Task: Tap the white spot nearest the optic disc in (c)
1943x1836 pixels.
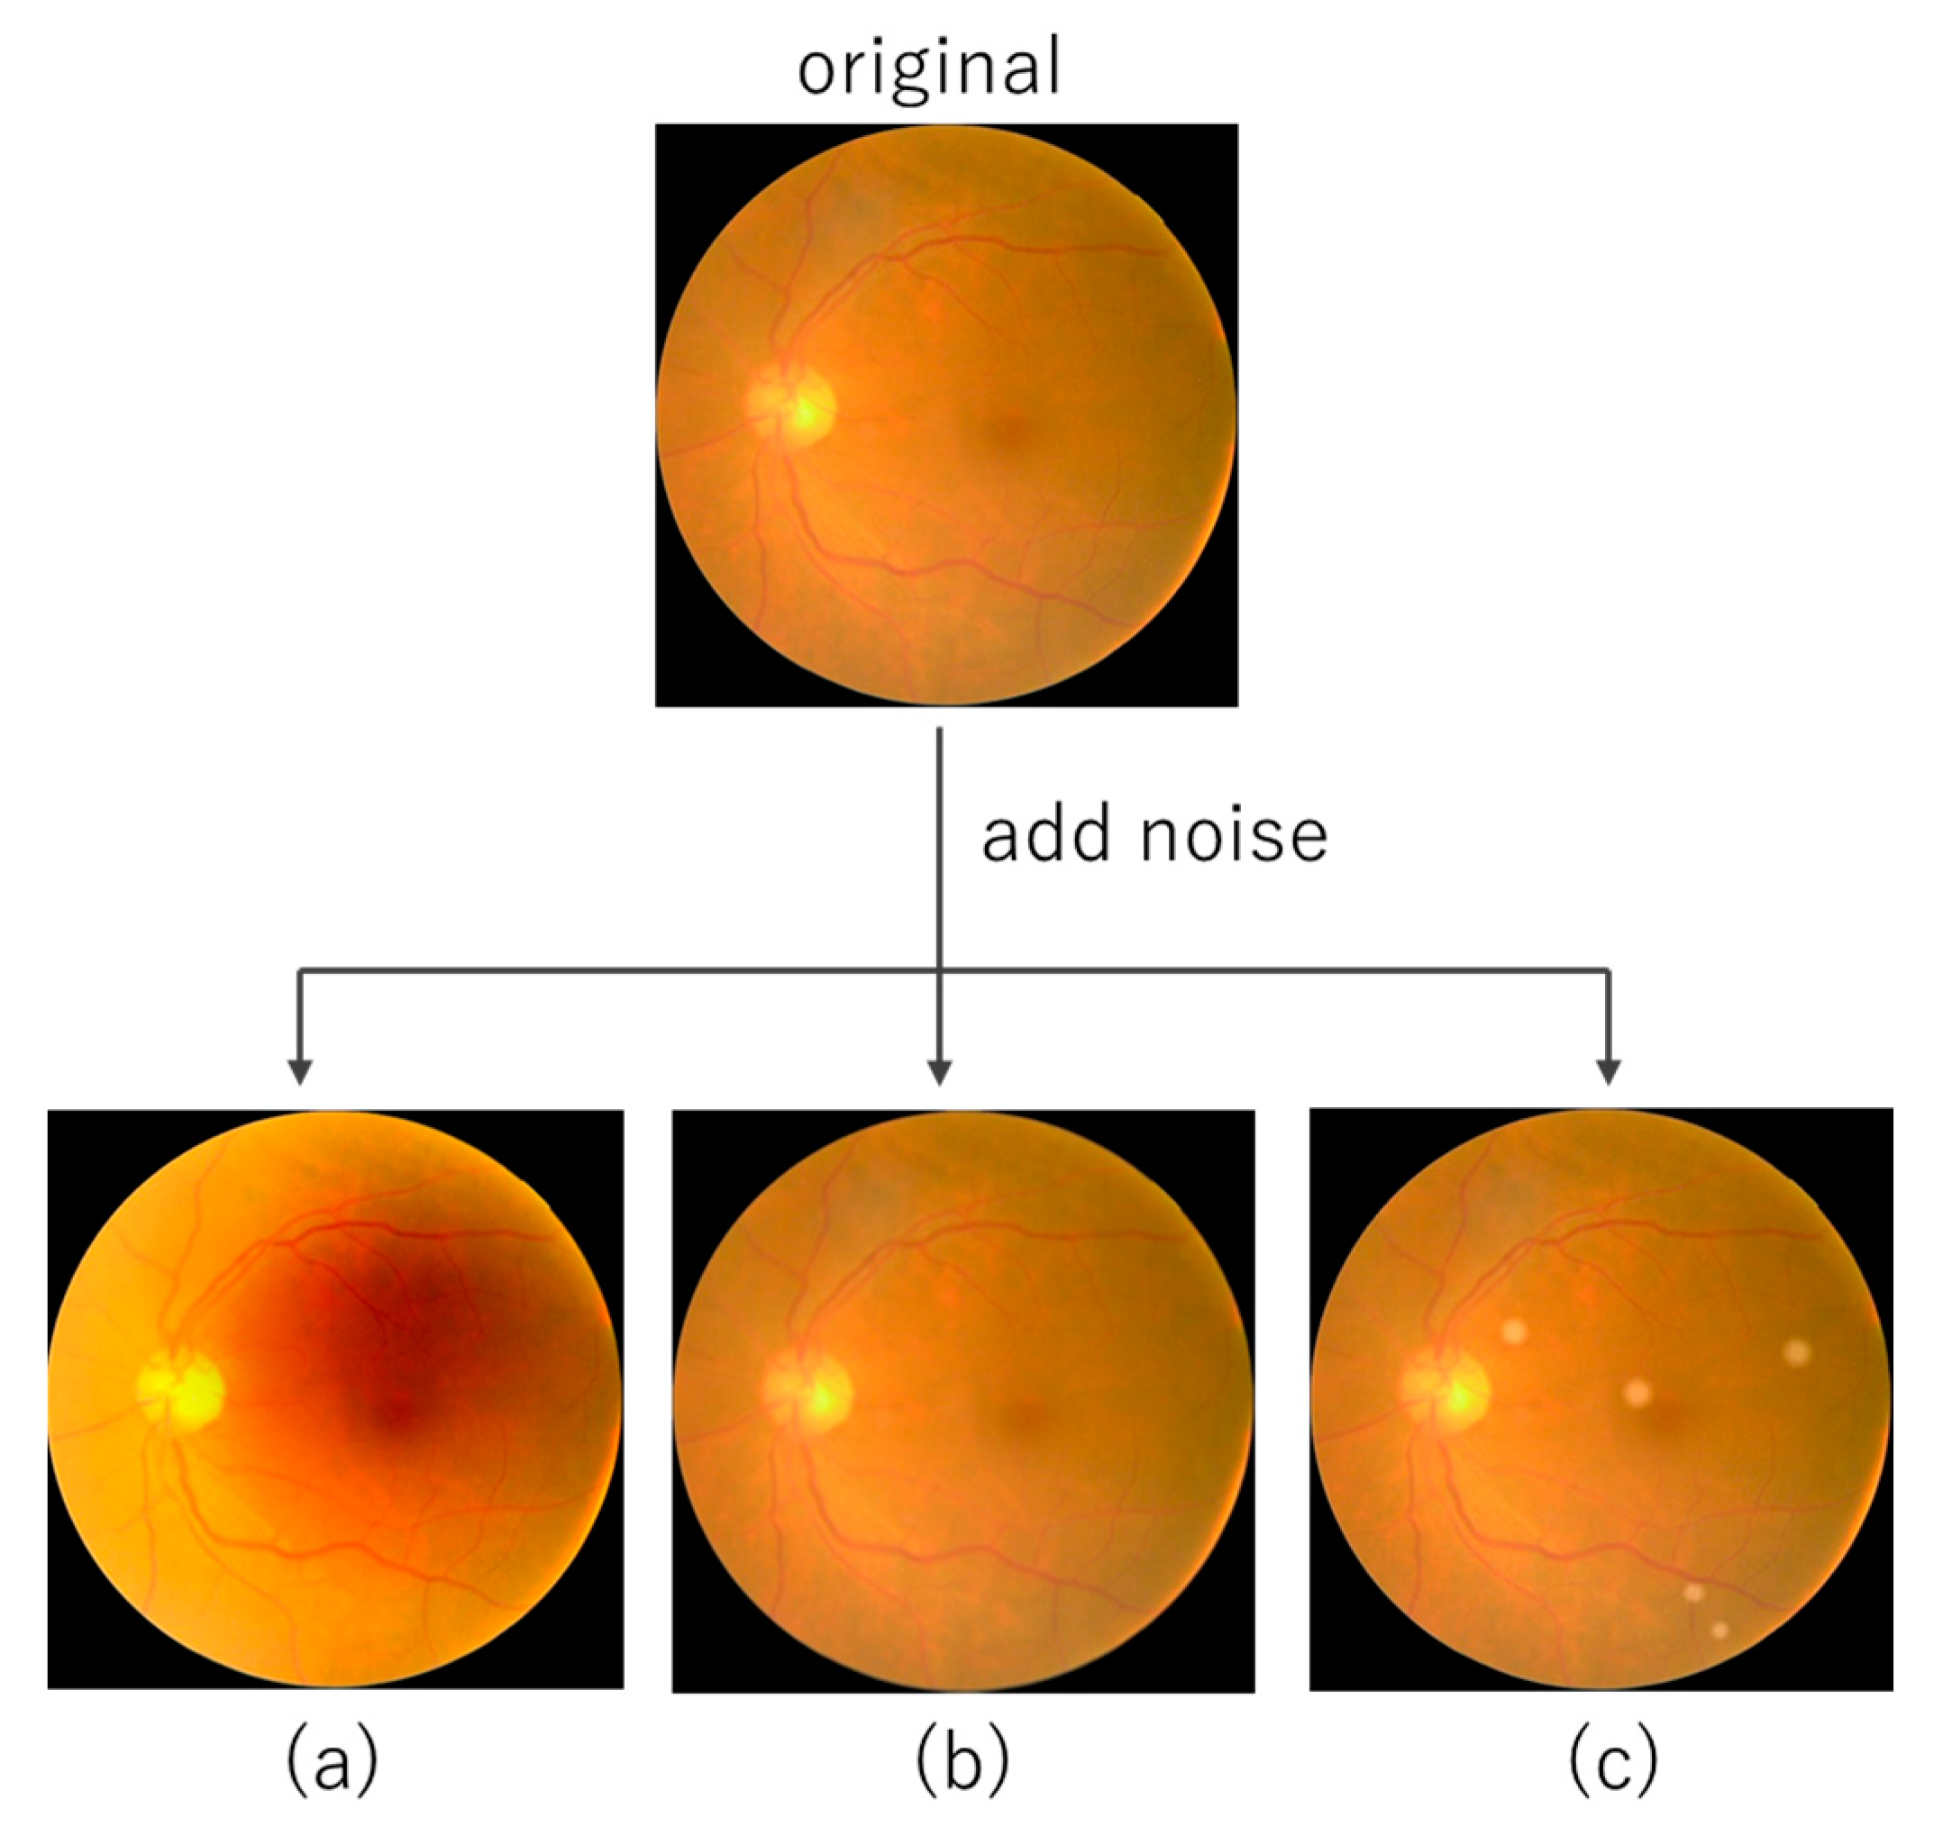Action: tap(1513, 1331)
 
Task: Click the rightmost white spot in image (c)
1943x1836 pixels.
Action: tap(1797, 1352)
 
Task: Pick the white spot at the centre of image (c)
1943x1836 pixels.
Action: tap(1637, 1394)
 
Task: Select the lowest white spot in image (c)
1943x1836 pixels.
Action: tap(1720, 1631)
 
